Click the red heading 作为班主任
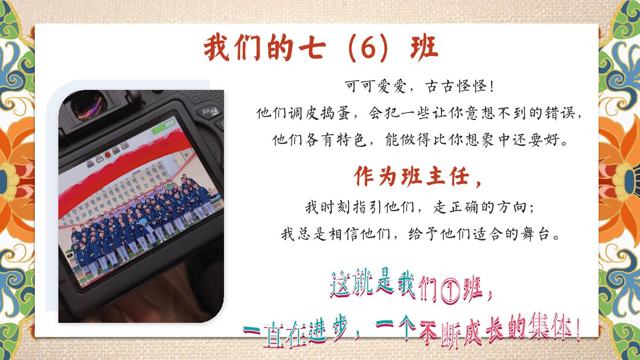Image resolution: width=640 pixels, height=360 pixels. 412,176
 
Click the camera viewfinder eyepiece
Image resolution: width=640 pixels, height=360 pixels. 88,106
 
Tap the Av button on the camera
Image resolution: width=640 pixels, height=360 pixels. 210,112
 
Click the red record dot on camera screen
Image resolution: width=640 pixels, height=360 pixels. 108,154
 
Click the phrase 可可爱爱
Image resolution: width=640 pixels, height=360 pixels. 376,86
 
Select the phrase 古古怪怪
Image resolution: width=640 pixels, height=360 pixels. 456,86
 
